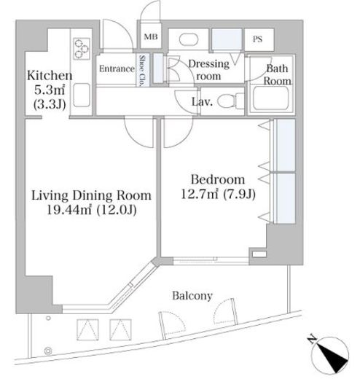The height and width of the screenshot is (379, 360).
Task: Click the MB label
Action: click(x=151, y=37)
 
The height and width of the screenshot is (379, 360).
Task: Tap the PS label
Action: click(x=257, y=39)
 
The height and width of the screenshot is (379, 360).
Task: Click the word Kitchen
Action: click(x=50, y=76)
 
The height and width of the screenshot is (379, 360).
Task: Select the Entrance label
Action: click(x=117, y=69)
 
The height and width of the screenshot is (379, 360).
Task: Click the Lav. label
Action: click(x=202, y=102)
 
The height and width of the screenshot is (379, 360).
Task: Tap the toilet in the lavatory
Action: click(x=231, y=101)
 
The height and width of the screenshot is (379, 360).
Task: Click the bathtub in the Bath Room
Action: click(x=271, y=98)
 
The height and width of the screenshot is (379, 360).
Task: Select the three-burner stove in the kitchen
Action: click(x=82, y=49)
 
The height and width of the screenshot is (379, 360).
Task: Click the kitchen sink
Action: click(x=82, y=95)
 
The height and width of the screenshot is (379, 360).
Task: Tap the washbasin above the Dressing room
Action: click(x=189, y=39)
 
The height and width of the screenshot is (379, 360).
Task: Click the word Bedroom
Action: click(x=218, y=180)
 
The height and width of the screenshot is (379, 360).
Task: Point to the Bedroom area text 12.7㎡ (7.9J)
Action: click(x=218, y=194)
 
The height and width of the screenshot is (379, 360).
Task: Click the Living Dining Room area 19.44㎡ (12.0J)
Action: click(x=92, y=210)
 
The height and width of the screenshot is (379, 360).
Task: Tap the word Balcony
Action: click(x=192, y=296)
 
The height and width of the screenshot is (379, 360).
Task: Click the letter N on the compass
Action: click(x=311, y=339)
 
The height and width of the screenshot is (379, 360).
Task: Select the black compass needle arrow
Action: click(x=332, y=357)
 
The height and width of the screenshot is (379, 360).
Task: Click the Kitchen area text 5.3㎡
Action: click(x=50, y=90)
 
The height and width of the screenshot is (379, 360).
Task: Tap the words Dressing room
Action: click(x=209, y=70)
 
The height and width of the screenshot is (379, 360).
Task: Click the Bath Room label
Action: click(x=278, y=74)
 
